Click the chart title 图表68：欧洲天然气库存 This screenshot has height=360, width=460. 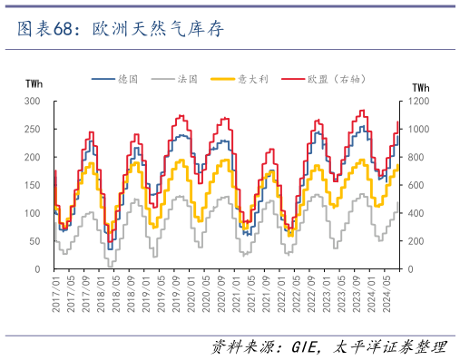pyautogui.click(x=119, y=29)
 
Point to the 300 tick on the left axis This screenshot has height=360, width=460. pyautogui.click(x=33, y=102)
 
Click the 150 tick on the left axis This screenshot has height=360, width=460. pyautogui.click(x=33, y=186)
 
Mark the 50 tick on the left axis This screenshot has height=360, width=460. pyautogui.click(x=35, y=242)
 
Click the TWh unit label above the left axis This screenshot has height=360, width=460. pyautogui.click(x=34, y=87)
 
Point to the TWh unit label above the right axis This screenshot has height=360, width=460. pyautogui.click(x=421, y=87)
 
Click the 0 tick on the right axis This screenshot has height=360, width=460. pyautogui.click(x=412, y=270)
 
